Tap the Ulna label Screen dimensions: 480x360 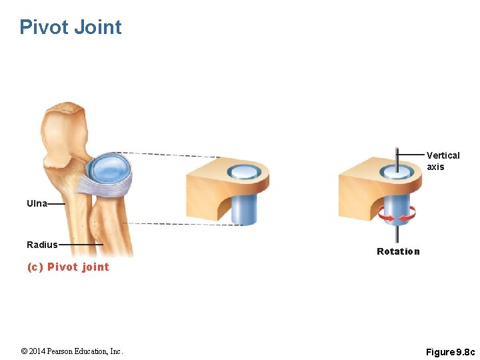coord(37,203)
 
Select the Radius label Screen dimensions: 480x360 coord(42,245)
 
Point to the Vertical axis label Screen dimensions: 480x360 coord(443,161)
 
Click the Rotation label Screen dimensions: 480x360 coord(398,251)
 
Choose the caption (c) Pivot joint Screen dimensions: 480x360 coord(68,267)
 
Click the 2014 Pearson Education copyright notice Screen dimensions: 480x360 coord(72,351)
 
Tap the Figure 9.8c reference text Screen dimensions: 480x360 coord(451,351)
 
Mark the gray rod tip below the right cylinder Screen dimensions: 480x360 coord(397,235)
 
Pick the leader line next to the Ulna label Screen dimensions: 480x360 coord(56,203)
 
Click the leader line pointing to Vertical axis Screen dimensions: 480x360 coord(411,155)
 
